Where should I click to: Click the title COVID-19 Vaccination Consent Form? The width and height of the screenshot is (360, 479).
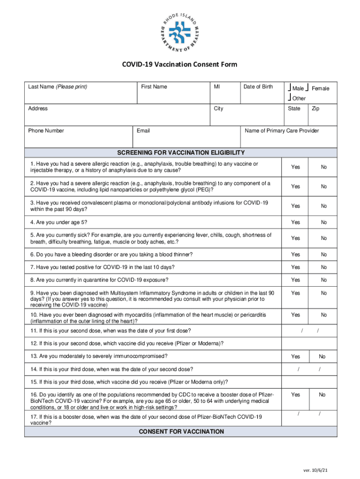pyautogui.click(x=180, y=65)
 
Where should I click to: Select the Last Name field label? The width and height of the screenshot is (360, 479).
pyautogui.click(x=58, y=87)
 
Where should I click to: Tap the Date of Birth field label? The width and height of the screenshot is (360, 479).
pyautogui.click(x=258, y=87)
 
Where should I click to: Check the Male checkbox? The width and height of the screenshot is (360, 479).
pyautogui.click(x=290, y=88)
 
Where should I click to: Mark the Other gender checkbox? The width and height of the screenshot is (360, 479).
pyautogui.click(x=290, y=98)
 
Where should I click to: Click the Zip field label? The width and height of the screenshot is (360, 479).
pyautogui.click(x=316, y=109)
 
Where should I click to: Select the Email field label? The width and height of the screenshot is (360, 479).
pyautogui.click(x=143, y=131)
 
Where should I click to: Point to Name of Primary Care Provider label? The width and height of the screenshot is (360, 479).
pyautogui.click(x=281, y=131)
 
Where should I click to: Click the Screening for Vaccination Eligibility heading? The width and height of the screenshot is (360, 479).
pyautogui.click(x=180, y=153)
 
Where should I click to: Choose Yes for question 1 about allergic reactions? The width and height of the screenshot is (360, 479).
pyautogui.click(x=295, y=167)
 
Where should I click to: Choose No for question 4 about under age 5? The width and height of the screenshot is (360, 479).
pyautogui.click(x=324, y=222)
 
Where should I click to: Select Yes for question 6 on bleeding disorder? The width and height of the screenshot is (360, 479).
pyautogui.click(x=295, y=254)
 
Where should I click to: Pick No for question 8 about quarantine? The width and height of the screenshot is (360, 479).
pyautogui.click(x=324, y=280)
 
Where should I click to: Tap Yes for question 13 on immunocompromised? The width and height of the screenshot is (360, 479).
pyautogui.click(x=295, y=356)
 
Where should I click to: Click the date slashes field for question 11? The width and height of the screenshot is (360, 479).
pyautogui.click(x=309, y=331)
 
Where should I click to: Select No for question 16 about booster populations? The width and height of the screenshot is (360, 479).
pyautogui.click(x=322, y=395)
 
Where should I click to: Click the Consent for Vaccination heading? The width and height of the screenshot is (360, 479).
pyautogui.click(x=181, y=431)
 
